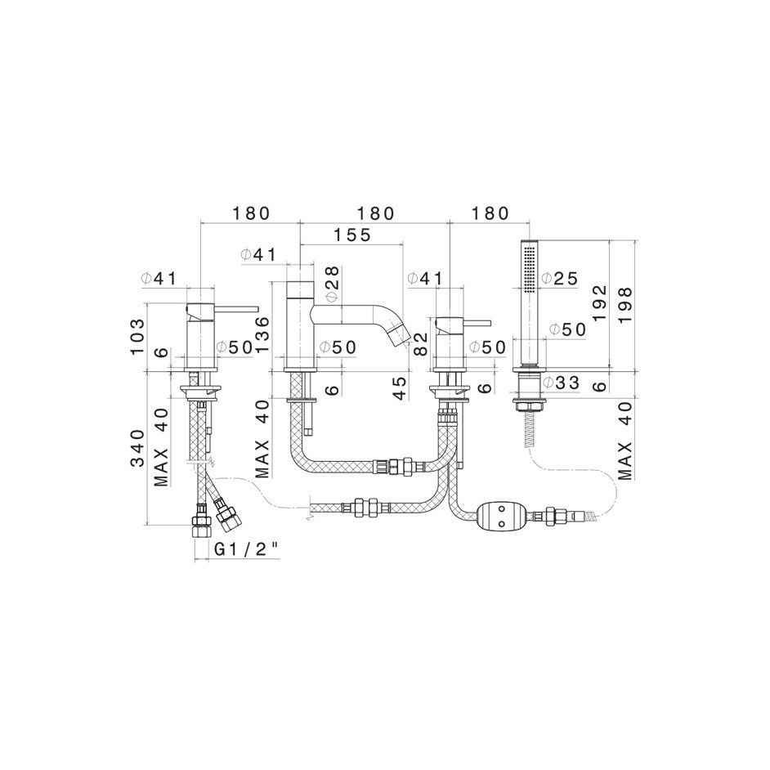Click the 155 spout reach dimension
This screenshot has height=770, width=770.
[351, 235]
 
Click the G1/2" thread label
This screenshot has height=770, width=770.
[247, 549]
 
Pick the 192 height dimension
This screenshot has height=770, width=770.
[599, 303]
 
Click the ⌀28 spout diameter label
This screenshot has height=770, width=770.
[333, 284]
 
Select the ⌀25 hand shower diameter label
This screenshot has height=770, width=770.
[560, 279]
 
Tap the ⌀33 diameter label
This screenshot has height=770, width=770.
[562, 382]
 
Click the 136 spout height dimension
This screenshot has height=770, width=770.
[262, 334]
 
